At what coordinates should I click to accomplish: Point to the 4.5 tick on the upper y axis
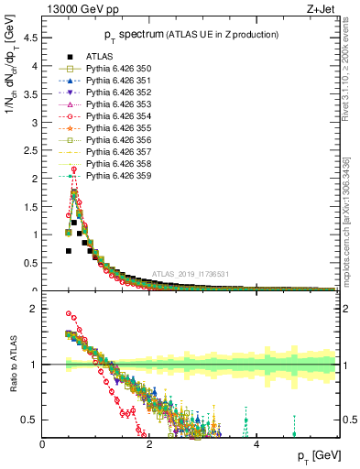coord(31,38)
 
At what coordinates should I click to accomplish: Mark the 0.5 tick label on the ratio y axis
coord(31,420)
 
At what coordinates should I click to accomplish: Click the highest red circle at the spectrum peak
coord(73,169)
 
